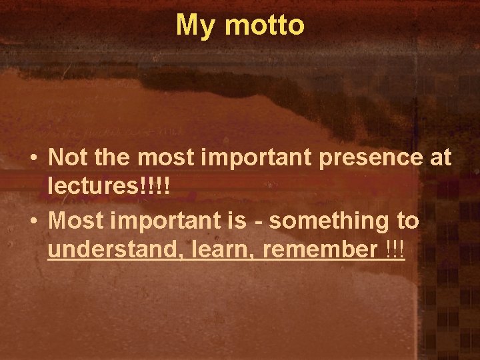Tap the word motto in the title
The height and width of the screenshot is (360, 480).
pyautogui.click(x=265, y=25)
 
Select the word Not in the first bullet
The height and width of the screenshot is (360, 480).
pyautogui.click(x=69, y=158)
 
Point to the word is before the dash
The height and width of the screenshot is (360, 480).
pyautogui.click(x=238, y=219)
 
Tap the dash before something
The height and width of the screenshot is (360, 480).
pyautogui.click(x=259, y=221)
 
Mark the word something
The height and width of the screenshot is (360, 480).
pyautogui.click(x=327, y=221)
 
